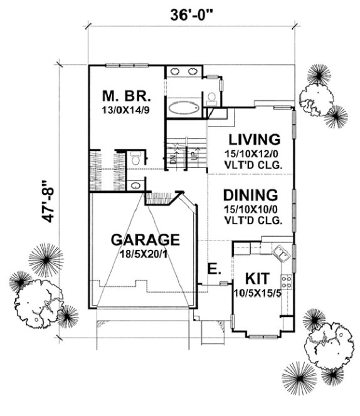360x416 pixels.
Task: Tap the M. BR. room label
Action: click(127, 97)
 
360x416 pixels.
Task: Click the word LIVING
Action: click(253, 138)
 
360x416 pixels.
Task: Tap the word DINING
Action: click(253, 194)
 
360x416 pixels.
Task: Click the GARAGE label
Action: click(146, 239)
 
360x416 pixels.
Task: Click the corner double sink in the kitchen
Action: click(280, 254)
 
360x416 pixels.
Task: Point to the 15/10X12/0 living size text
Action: click(253, 153)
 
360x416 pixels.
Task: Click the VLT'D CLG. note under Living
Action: click(253, 165)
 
